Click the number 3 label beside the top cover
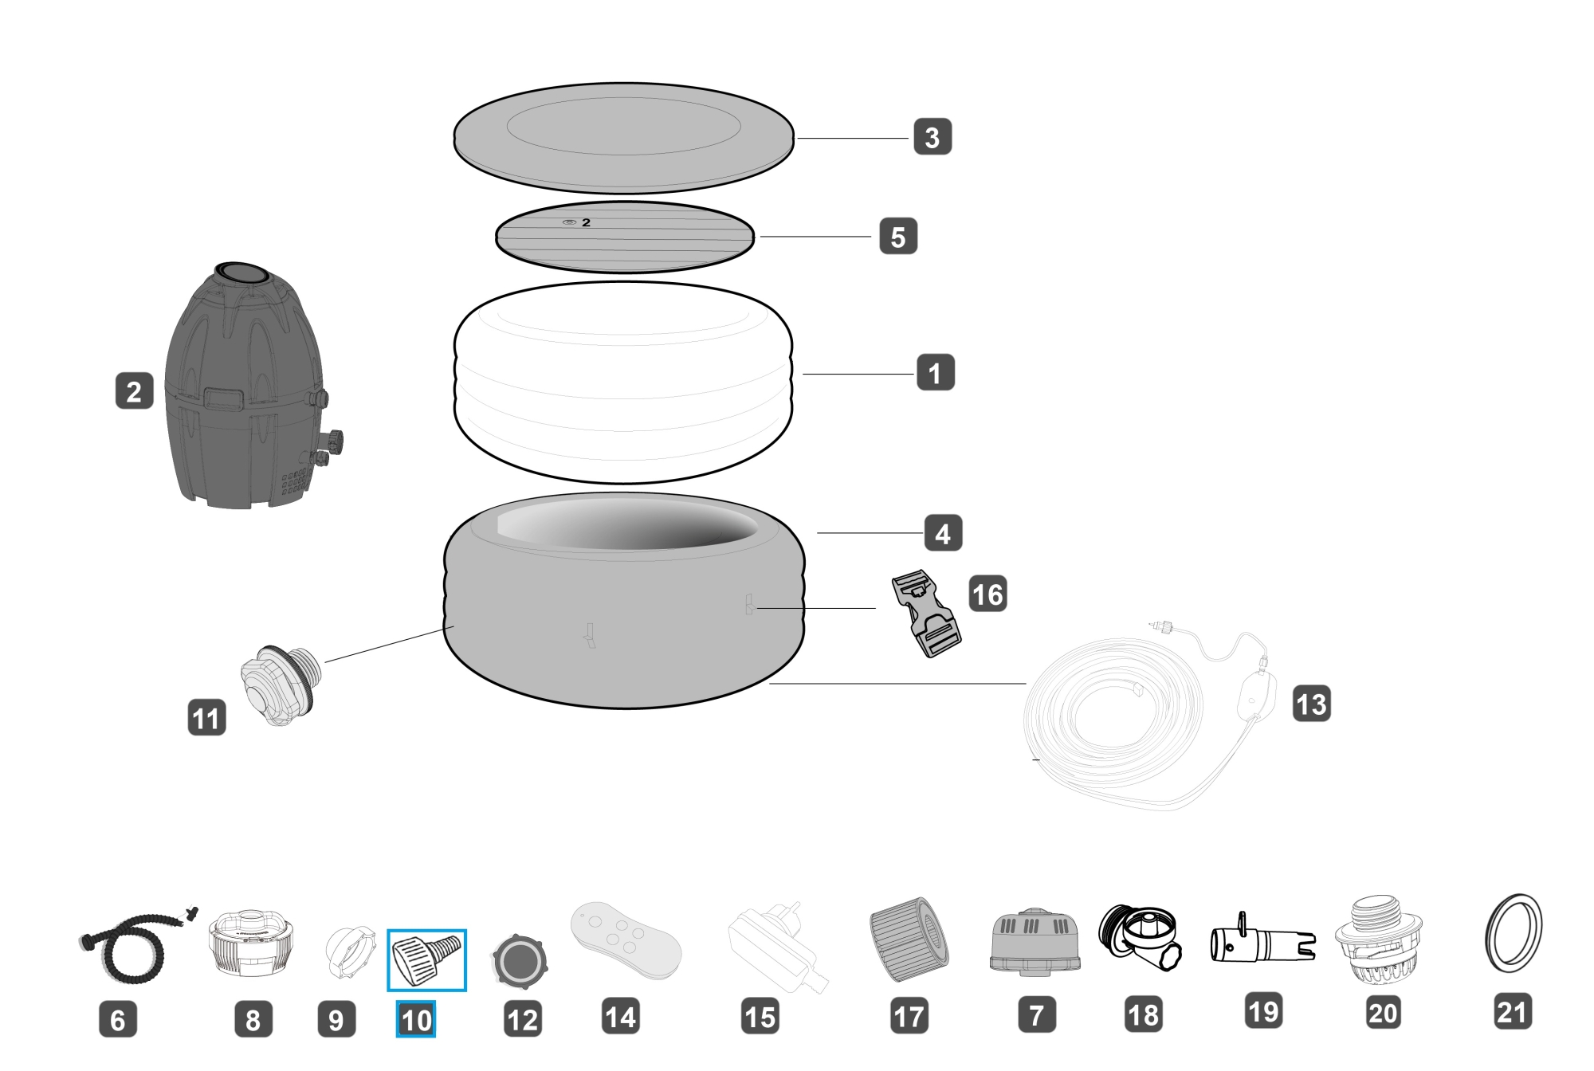coord(932,137)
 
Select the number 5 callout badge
coord(898,237)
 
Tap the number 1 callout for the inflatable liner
coord(935,372)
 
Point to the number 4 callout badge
coord(943,533)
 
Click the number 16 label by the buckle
coord(987,594)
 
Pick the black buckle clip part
coord(925,613)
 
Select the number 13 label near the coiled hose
coord(1311,704)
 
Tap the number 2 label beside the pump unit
coord(134,391)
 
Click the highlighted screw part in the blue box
coord(427,959)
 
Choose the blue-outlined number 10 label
coord(416,1019)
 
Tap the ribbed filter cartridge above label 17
coord(909,940)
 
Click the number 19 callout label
coord(1263,1011)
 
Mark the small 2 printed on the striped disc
coord(586,222)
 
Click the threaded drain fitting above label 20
coord(1379,941)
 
